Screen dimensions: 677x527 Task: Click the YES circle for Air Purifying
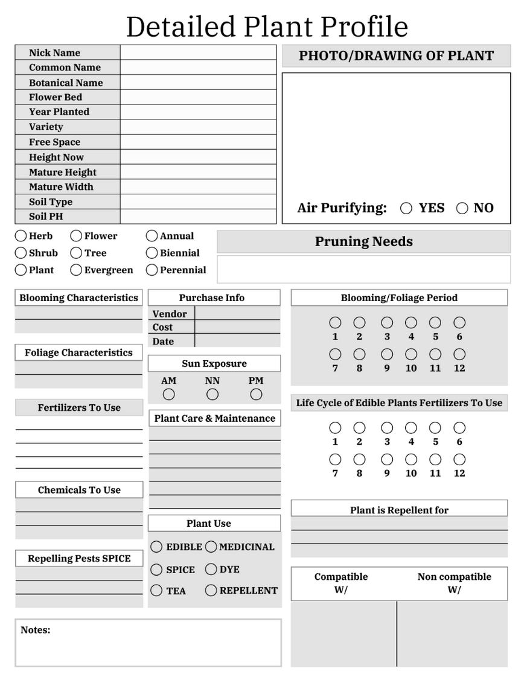pyautogui.click(x=406, y=208)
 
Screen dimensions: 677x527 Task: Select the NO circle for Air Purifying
pyautogui.click(x=462, y=208)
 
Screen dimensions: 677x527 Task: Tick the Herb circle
pyautogui.click(x=21, y=236)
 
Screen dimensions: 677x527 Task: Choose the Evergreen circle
pyautogui.click(x=76, y=270)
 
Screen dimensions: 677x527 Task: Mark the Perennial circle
pyautogui.click(x=152, y=270)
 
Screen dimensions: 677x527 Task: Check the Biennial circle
pyautogui.click(x=152, y=253)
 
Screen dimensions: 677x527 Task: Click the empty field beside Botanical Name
pyautogui.click(x=198, y=83)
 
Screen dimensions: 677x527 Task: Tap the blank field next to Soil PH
pyautogui.click(x=198, y=217)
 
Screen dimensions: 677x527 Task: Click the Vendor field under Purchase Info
pyautogui.click(x=237, y=314)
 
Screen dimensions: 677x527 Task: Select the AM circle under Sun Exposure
pyautogui.click(x=169, y=395)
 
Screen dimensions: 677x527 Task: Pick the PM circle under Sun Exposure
pyautogui.click(x=257, y=395)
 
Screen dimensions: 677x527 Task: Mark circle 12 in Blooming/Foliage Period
pyautogui.click(x=459, y=354)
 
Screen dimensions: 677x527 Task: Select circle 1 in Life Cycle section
pyautogui.click(x=335, y=428)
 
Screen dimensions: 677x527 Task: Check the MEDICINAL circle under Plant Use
pyautogui.click(x=211, y=547)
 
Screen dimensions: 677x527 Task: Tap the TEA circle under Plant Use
pyautogui.click(x=156, y=591)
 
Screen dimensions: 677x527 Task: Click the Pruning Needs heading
pyautogui.click(x=363, y=242)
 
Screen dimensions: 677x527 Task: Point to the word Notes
pyautogui.click(x=35, y=630)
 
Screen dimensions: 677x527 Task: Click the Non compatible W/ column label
pyautogui.click(x=454, y=583)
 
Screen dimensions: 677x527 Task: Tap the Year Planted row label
pyautogui.click(x=59, y=112)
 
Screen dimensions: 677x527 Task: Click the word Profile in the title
pyautogui.click(x=364, y=27)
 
